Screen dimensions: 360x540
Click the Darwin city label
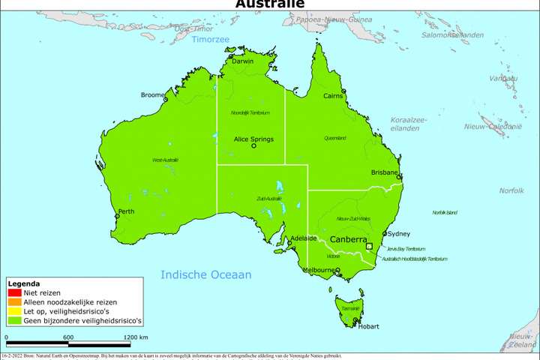242,61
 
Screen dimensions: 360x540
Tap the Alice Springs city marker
253,146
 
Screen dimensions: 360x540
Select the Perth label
126,211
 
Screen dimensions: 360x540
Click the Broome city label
154,95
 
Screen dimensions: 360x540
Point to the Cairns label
333,96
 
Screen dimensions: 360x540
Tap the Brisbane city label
383,172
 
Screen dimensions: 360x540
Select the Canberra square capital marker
368,246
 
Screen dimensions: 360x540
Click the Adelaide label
303,238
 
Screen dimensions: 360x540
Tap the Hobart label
368,326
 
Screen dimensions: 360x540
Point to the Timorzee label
211,39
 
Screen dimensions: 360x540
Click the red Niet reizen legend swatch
14,292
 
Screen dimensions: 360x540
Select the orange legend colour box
14,301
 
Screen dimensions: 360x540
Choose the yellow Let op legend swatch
14,310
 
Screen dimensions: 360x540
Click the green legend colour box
14,319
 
